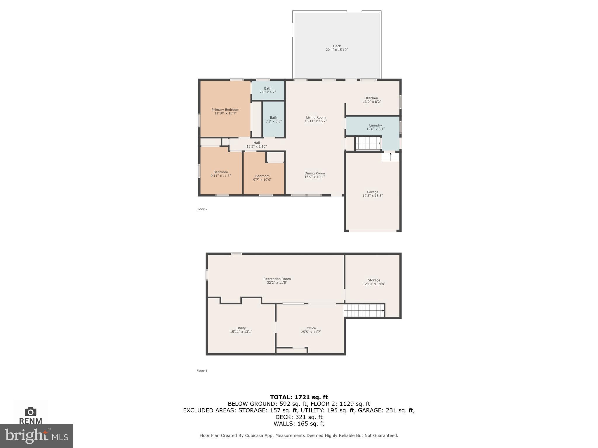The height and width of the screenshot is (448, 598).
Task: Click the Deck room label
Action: (x=337, y=46)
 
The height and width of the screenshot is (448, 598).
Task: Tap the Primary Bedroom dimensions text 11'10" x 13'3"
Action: (x=225, y=113)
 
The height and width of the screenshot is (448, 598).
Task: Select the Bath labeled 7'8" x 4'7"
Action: (x=267, y=90)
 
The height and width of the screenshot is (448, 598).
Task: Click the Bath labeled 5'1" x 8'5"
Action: (x=273, y=119)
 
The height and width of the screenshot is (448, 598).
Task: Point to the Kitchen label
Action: (x=372, y=98)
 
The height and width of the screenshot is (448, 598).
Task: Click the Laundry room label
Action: (x=375, y=125)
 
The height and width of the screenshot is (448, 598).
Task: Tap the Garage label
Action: (x=372, y=192)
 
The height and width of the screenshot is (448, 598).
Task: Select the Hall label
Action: (x=256, y=143)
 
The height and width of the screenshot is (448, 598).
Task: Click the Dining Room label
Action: (x=314, y=173)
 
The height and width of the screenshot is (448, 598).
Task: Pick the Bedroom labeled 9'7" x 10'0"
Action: (x=262, y=178)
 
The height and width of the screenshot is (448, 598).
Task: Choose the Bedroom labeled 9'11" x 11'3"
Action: (x=220, y=174)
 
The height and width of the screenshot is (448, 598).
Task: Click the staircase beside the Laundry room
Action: (x=368, y=143)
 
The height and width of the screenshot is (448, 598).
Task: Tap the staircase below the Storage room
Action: (x=364, y=310)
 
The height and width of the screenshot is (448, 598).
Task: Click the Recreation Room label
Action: (x=277, y=279)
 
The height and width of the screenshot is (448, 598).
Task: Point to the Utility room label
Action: (x=241, y=328)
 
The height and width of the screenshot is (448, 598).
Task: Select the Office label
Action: (x=311, y=328)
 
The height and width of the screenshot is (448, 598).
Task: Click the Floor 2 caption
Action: (x=202, y=209)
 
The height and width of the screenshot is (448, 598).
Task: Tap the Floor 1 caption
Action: (x=202, y=371)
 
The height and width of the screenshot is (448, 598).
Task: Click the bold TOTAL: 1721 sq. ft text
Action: (x=299, y=397)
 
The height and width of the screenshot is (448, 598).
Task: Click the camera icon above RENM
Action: (x=31, y=412)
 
